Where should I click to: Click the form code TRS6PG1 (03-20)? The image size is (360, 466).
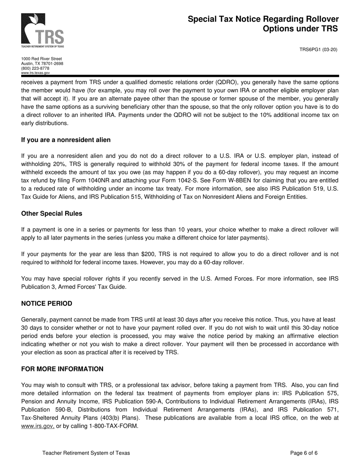pos(318,50)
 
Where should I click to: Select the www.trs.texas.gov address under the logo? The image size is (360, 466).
pos(35,73)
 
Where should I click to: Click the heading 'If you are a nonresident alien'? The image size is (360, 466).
pos(66,140)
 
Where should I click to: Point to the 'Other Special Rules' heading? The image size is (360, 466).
pos(52,213)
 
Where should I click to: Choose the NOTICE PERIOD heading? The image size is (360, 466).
pos(47,303)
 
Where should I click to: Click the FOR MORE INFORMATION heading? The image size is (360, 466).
pos(62,369)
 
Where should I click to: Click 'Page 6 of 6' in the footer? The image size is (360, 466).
pos(304,453)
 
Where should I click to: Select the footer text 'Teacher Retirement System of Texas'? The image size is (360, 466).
pos(86,453)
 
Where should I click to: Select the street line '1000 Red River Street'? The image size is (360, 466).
pos(41,59)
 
